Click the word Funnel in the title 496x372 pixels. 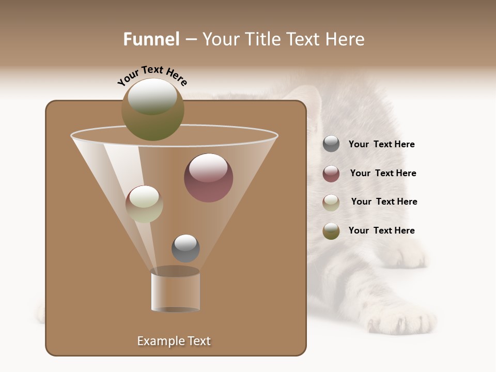(x=151, y=39)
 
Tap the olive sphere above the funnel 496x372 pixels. (x=152, y=109)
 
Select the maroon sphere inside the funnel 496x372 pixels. (x=208, y=178)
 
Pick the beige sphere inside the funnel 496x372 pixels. (x=144, y=204)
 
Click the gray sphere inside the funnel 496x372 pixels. (x=185, y=248)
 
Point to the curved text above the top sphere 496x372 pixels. (x=152, y=75)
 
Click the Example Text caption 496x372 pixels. (x=174, y=341)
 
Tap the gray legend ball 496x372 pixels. (x=331, y=144)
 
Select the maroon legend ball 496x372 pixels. (x=331, y=174)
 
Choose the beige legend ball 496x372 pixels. (x=331, y=203)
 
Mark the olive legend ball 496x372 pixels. (x=331, y=231)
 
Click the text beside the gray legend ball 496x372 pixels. (x=381, y=144)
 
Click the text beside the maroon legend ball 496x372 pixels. (x=383, y=173)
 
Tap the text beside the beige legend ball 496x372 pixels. (x=384, y=202)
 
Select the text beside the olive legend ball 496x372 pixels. (x=381, y=230)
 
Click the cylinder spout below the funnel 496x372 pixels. (x=175, y=291)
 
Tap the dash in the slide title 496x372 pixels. (x=191, y=39)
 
